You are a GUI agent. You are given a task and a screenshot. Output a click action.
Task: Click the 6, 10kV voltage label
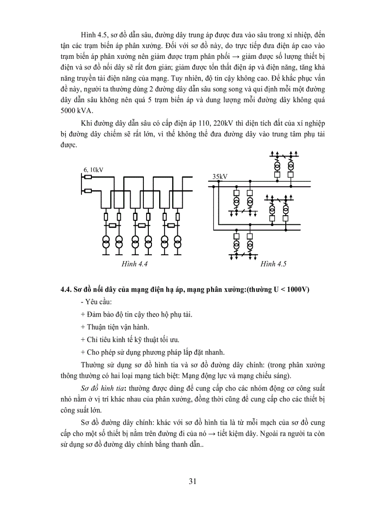pyautogui.click(x=93, y=170)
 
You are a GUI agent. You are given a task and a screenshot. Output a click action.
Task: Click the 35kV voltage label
pyautogui.click(x=220, y=177)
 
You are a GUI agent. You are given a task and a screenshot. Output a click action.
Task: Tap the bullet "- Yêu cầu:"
pyautogui.click(x=91, y=302)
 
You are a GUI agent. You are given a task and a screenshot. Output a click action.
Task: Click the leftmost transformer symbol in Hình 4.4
pyautogui.click(x=105, y=241)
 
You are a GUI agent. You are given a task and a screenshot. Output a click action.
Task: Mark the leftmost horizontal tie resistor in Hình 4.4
pyautogui.click(x=112, y=225)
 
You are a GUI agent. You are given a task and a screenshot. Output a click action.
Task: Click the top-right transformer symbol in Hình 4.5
pyautogui.click(x=291, y=165)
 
